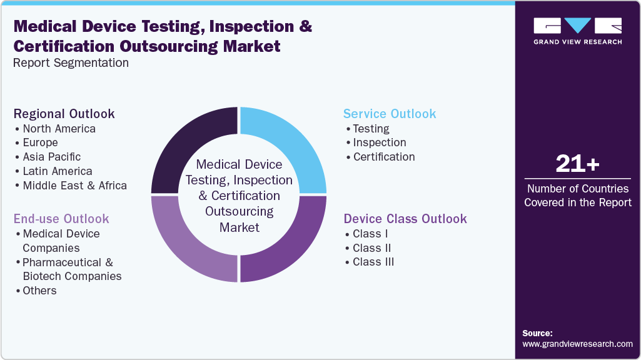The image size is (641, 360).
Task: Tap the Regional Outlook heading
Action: [x=64, y=114]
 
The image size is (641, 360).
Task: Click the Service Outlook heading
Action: [x=390, y=114]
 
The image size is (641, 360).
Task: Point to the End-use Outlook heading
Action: [x=61, y=219]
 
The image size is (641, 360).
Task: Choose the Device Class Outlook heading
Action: [x=405, y=219]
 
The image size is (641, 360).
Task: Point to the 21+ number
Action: [x=578, y=164]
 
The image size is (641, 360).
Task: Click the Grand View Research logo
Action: [x=578, y=31]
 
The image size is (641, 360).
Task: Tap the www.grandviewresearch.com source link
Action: [x=578, y=344]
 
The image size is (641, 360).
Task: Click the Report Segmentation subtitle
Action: [x=71, y=63]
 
